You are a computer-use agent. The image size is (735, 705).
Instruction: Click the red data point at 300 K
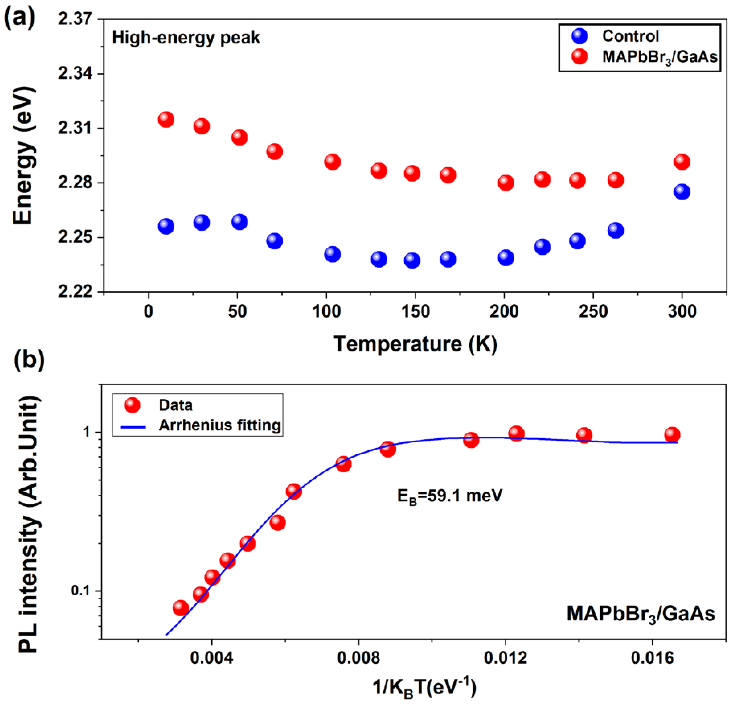[x=682, y=162]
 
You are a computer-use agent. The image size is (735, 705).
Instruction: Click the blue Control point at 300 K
[x=682, y=192]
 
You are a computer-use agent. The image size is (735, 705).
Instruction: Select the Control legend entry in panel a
[x=630, y=36]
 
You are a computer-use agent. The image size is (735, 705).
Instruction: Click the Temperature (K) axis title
[x=415, y=344]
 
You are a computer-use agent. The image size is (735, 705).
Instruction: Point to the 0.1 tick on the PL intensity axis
[x=81, y=591]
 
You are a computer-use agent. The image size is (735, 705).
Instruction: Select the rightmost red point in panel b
[x=672, y=435]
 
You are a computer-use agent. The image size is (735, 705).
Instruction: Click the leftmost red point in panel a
[x=166, y=119]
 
